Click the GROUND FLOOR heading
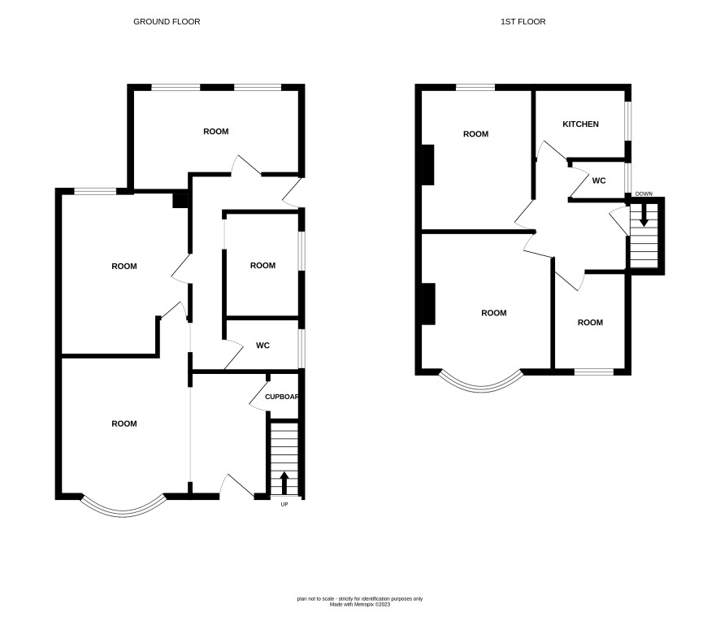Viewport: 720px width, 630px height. [167, 22]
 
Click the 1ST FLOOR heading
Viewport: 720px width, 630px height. [523, 22]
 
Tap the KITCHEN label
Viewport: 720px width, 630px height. [580, 124]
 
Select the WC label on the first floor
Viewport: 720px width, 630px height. [599, 180]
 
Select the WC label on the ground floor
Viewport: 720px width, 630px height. [262, 345]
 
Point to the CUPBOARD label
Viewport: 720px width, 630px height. [282, 397]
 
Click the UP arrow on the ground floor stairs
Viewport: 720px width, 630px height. [284, 483]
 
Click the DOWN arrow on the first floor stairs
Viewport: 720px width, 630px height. [644, 215]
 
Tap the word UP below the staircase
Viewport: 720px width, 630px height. [284, 504]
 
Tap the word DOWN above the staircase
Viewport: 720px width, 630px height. [644, 193]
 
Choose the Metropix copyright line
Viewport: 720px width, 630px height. [359, 605]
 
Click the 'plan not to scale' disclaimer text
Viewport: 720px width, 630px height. [359, 599]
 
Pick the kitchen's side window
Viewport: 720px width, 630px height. [628, 121]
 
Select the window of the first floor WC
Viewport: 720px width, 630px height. [628, 178]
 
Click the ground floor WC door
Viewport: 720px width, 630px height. [233, 354]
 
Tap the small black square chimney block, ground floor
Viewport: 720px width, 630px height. [180, 201]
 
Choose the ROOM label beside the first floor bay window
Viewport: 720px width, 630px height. [493, 313]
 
